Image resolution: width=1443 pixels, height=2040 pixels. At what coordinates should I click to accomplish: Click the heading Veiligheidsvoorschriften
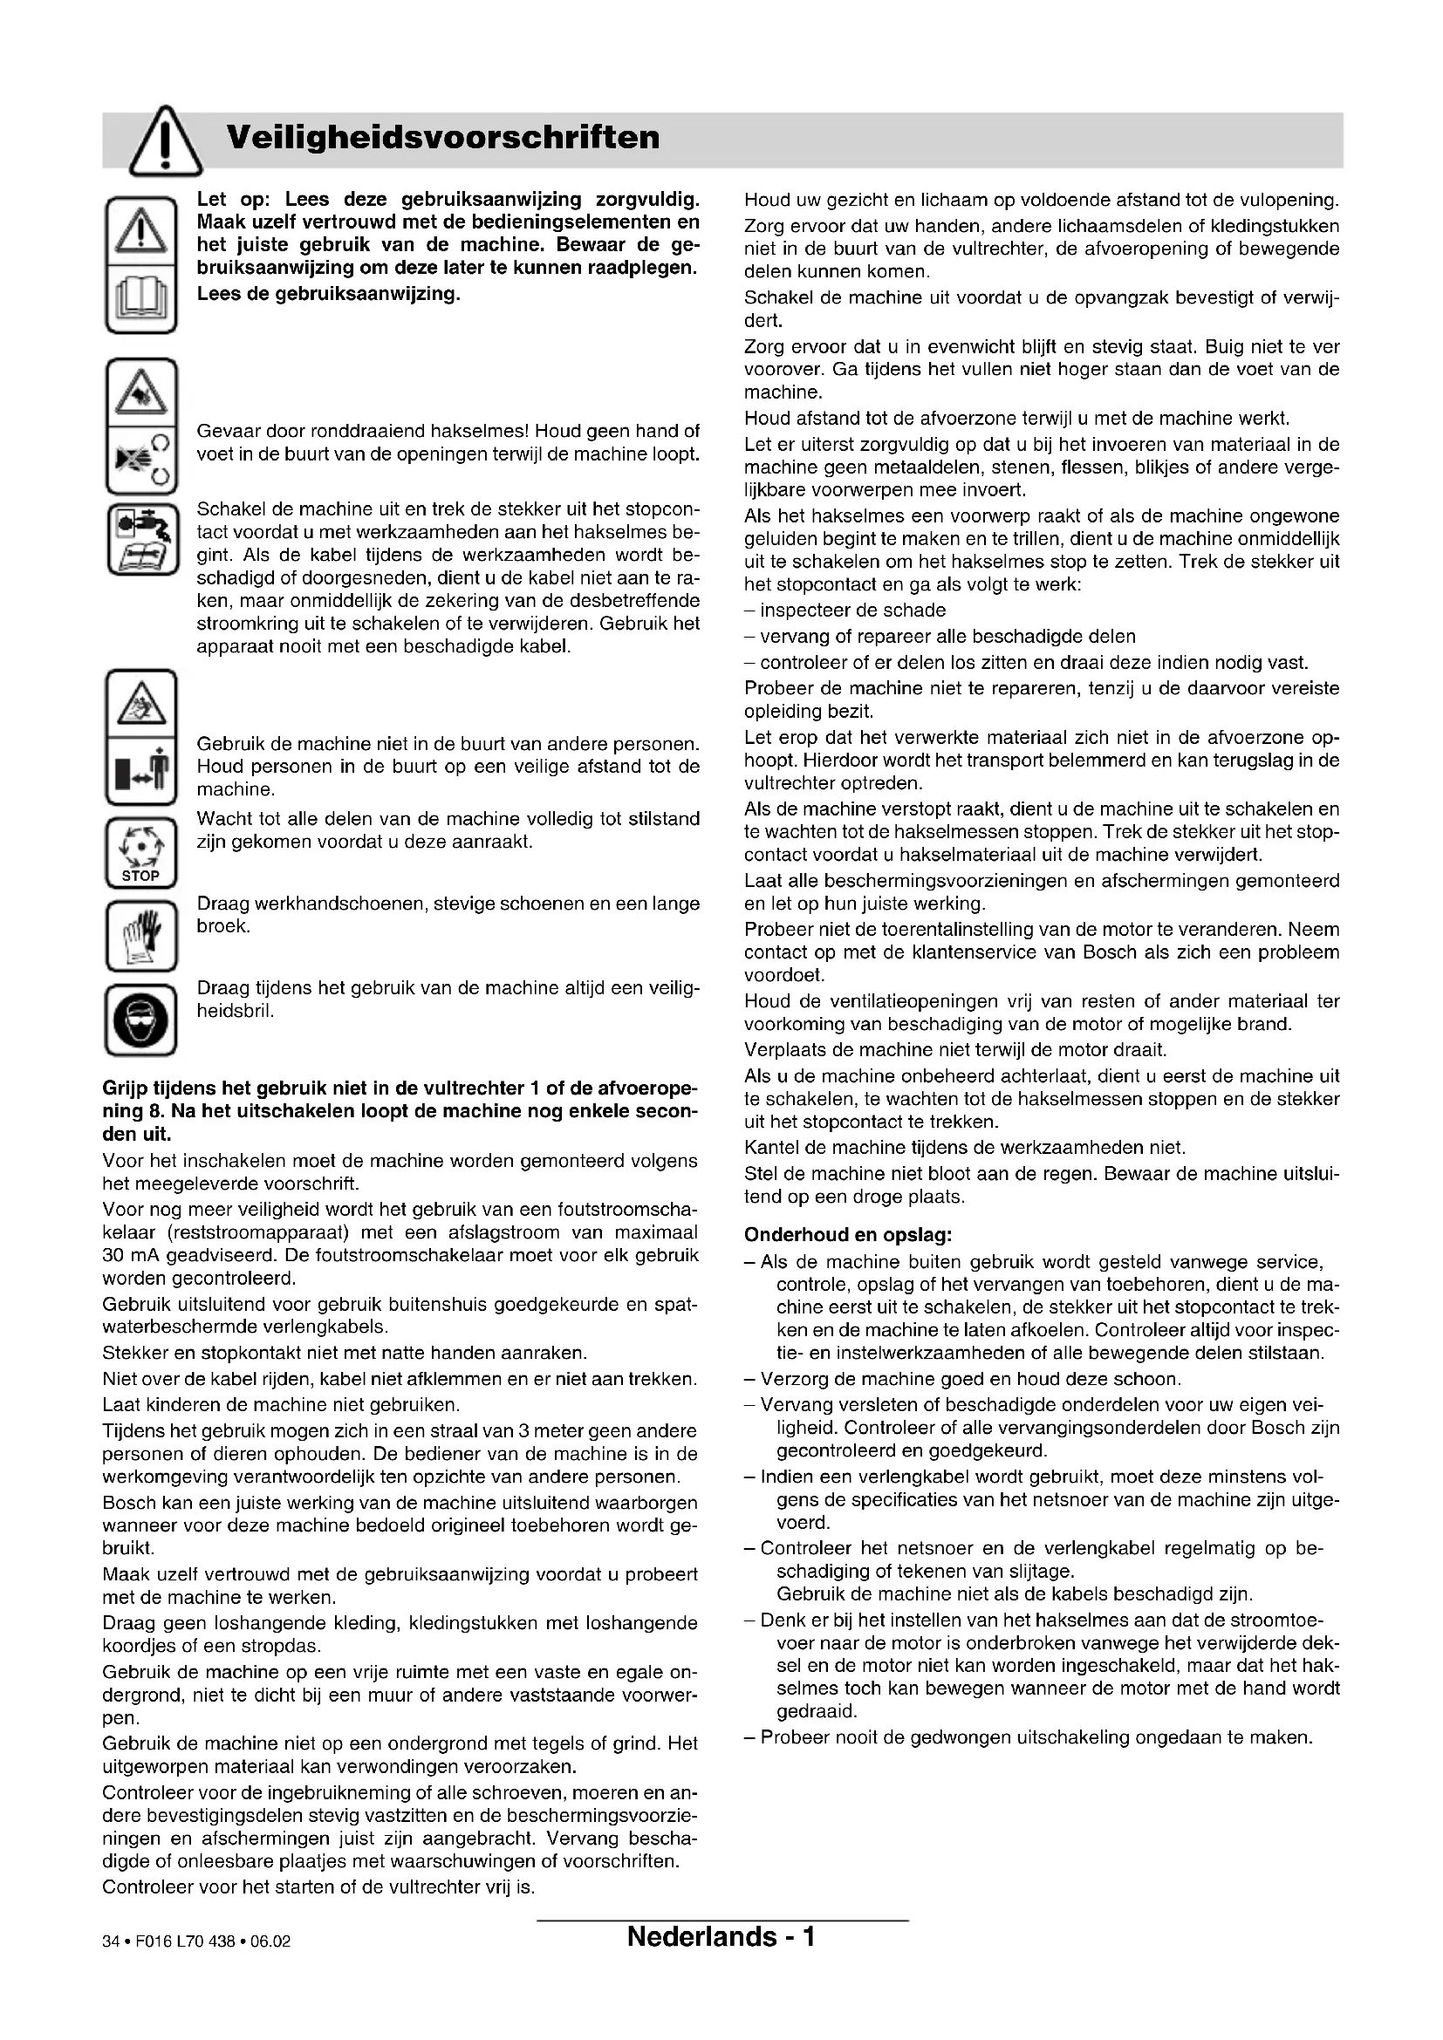pos(443,138)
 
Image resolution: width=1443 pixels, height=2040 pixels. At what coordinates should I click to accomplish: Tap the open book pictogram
pos(141,299)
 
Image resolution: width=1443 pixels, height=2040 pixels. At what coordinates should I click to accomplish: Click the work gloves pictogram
pos(141,937)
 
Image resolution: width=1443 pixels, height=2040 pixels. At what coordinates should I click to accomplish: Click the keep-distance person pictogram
pos(141,769)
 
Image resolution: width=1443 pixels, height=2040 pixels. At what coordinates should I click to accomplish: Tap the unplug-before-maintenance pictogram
pos(141,538)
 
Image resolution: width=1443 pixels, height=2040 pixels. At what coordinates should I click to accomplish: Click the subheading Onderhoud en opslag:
pos(848,1235)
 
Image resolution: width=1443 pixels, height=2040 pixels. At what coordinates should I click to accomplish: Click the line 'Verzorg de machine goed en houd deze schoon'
pos(969,1379)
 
